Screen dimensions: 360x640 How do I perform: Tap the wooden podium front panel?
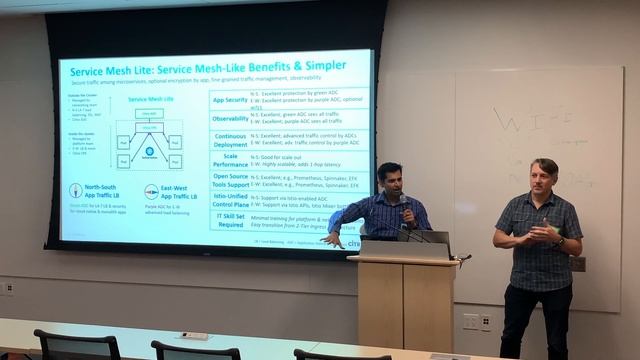point(406,305)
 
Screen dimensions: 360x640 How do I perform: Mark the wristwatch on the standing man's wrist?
point(560,243)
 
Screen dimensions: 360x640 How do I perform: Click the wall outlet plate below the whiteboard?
point(471,322)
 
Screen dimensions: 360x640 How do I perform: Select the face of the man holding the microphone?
point(391,181)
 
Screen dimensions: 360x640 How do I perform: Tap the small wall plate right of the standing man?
point(577,263)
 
